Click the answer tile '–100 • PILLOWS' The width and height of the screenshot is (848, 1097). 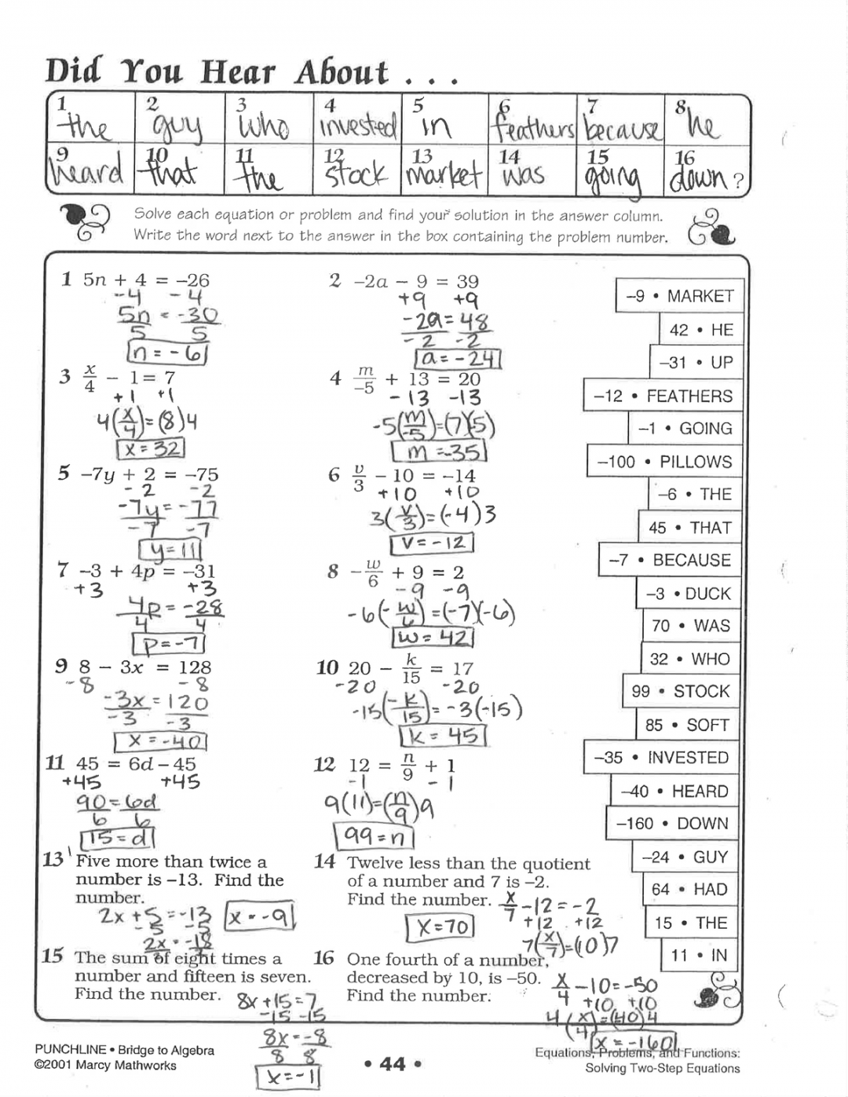(x=664, y=462)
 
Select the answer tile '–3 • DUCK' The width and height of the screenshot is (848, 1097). (x=688, y=594)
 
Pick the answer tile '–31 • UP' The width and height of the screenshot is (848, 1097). (x=695, y=363)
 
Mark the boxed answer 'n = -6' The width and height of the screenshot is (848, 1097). (x=166, y=354)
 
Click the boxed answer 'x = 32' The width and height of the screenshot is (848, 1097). (x=150, y=449)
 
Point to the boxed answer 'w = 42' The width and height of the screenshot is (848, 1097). (x=432, y=637)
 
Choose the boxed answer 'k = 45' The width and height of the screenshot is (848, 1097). (x=443, y=736)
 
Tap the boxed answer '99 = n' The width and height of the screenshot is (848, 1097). (x=374, y=836)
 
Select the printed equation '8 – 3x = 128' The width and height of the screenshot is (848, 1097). (x=144, y=667)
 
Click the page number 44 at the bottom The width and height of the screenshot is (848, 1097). (x=393, y=1064)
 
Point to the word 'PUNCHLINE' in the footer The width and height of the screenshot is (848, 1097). (x=70, y=1050)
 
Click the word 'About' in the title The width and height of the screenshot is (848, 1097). (x=342, y=72)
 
